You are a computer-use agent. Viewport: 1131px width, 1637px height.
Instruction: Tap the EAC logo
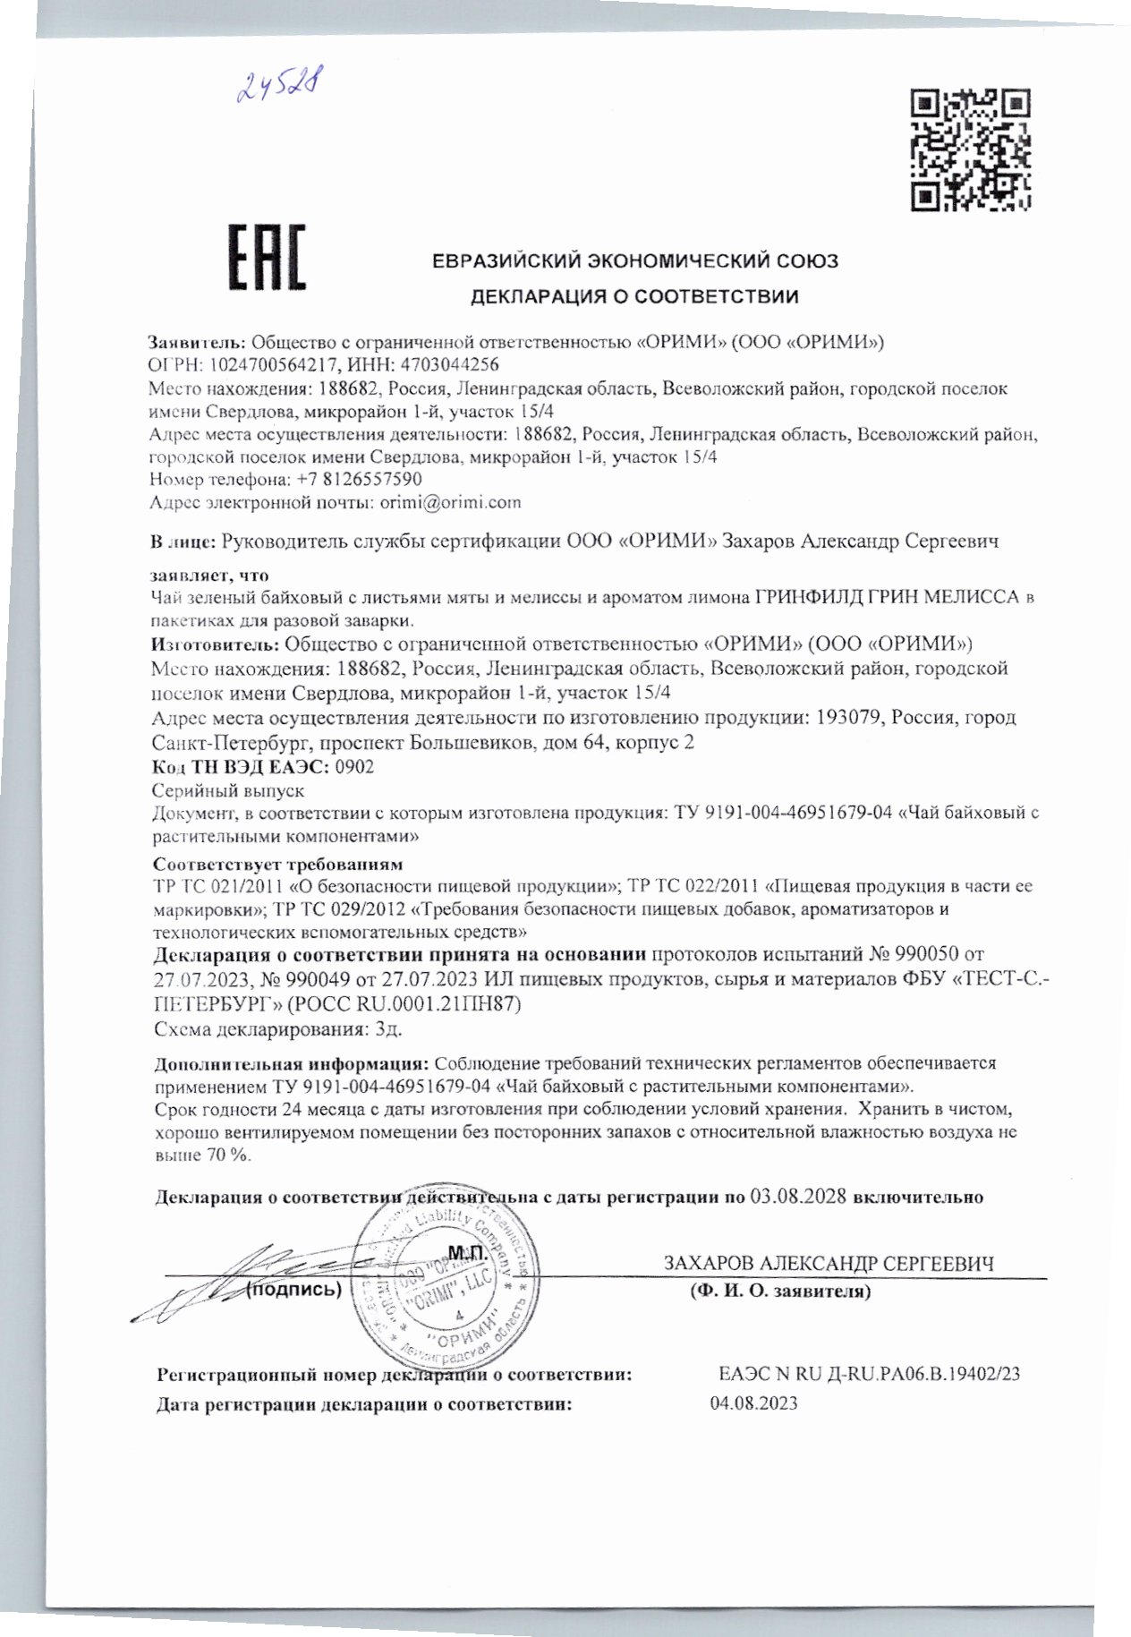click(265, 257)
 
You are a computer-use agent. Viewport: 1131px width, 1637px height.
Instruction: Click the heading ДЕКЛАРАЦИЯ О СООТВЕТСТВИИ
click(634, 295)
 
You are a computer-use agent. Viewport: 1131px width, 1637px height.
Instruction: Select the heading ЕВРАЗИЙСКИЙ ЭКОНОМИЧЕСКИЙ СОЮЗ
click(634, 261)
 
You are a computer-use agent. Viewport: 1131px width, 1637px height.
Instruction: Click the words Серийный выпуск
click(229, 790)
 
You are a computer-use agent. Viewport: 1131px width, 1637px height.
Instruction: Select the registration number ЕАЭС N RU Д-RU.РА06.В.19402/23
click(869, 1374)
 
